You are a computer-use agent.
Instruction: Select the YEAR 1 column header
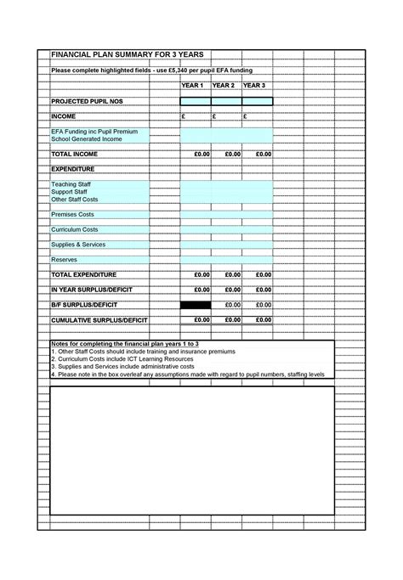click(194, 86)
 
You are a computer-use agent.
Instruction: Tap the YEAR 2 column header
click(225, 86)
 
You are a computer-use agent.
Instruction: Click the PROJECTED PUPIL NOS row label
click(88, 101)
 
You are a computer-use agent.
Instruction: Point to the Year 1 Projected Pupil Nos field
click(195, 101)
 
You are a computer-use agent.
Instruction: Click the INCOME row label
click(64, 116)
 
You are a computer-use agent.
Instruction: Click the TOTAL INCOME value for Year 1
click(201, 155)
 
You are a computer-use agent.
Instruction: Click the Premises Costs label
click(72, 214)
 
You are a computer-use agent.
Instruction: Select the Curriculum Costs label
click(75, 229)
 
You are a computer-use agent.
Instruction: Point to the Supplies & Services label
click(78, 245)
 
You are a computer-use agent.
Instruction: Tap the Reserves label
click(65, 260)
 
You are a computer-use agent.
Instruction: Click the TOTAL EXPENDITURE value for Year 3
click(263, 275)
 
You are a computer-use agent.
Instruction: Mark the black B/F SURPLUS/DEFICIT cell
click(195, 304)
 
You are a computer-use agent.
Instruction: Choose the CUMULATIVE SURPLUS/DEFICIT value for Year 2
click(232, 319)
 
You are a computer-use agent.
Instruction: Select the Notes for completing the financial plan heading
click(125, 343)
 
